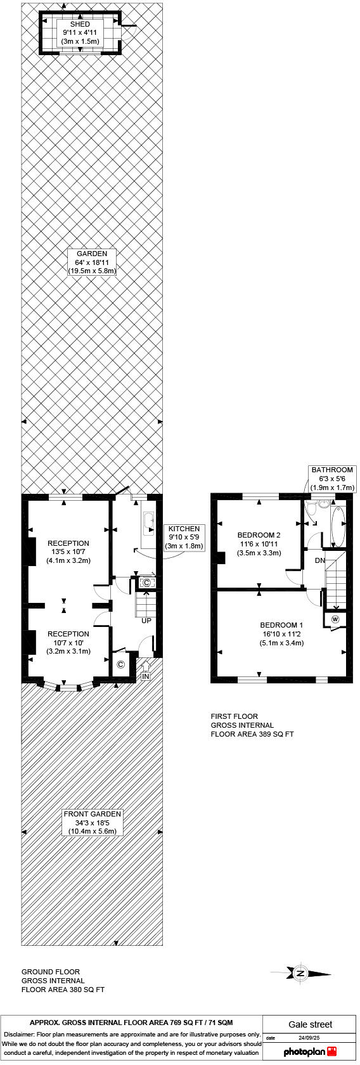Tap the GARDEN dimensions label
coord(92,262)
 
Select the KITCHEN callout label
coord(184,537)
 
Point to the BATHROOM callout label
coord(332,479)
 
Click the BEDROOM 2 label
coord(260,544)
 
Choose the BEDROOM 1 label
coord(281,634)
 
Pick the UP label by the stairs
coord(146,621)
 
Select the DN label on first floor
coord(320,560)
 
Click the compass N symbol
coord(300,972)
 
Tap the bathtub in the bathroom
coord(337,526)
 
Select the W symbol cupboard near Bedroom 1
coord(335,619)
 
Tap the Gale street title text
coord(310,1024)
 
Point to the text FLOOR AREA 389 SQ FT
coord(252,734)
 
